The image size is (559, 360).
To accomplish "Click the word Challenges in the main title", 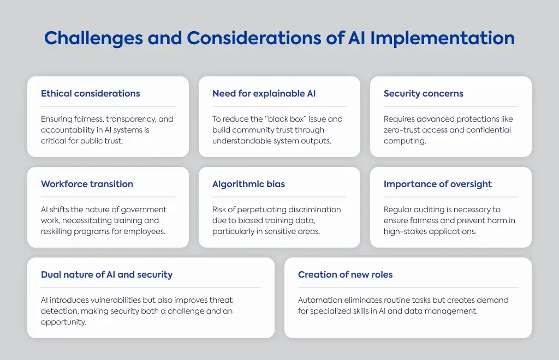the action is click(x=93, y=39).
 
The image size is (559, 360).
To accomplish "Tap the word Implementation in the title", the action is click(x=442, y=39).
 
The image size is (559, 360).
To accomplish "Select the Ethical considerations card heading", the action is click(x=90, y=93).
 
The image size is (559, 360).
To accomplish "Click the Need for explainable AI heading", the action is click(x=264, y=94).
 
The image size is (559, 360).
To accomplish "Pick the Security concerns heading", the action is click(x=423, y=94).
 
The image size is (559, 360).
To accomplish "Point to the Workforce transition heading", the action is click(x=87, y=184).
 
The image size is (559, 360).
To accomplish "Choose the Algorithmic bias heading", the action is click(x=248, y=184).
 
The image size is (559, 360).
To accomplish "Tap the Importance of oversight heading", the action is click(x=437, y=184).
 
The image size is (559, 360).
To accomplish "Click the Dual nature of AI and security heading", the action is click(x=106, y=274).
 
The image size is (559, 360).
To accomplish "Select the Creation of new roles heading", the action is click(x=345, y=274).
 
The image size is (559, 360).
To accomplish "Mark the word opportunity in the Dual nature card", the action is click(x=63, y=322).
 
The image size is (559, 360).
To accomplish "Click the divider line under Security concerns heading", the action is click(x=450, y=106).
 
